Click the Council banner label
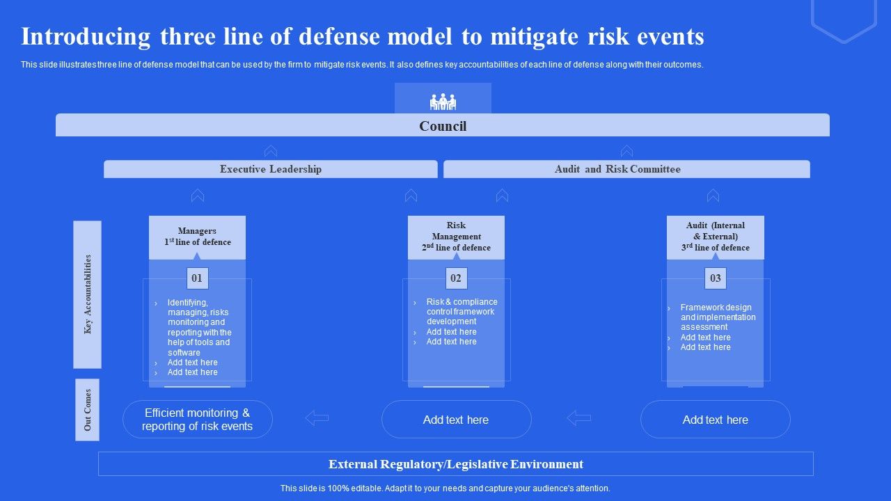(x=443, y=126)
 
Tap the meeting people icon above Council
(x=443, y=102)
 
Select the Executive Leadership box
(x=271, y=169)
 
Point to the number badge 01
(x=197, y=278)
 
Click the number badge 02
(x=456, y=278)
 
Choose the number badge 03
(x=715, y=278)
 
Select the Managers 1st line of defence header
(x=197, y=237)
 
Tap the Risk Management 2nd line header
(x=456, y=237)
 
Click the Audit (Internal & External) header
(x=715, y=237)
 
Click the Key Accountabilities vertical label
(x=88, y=294)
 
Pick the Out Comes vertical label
(x=88, y=410)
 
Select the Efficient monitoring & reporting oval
(x=198, y=420)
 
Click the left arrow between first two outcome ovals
(x=317, y=417)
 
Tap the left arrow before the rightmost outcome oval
(x=578, y=417)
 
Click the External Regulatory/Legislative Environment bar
(x=456, y=464)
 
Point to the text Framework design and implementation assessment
(x=718, y=317)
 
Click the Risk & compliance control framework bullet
(x=462, y=312)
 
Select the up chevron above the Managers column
(x=198, y=196)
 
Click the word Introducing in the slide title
(x=86, y=36)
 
